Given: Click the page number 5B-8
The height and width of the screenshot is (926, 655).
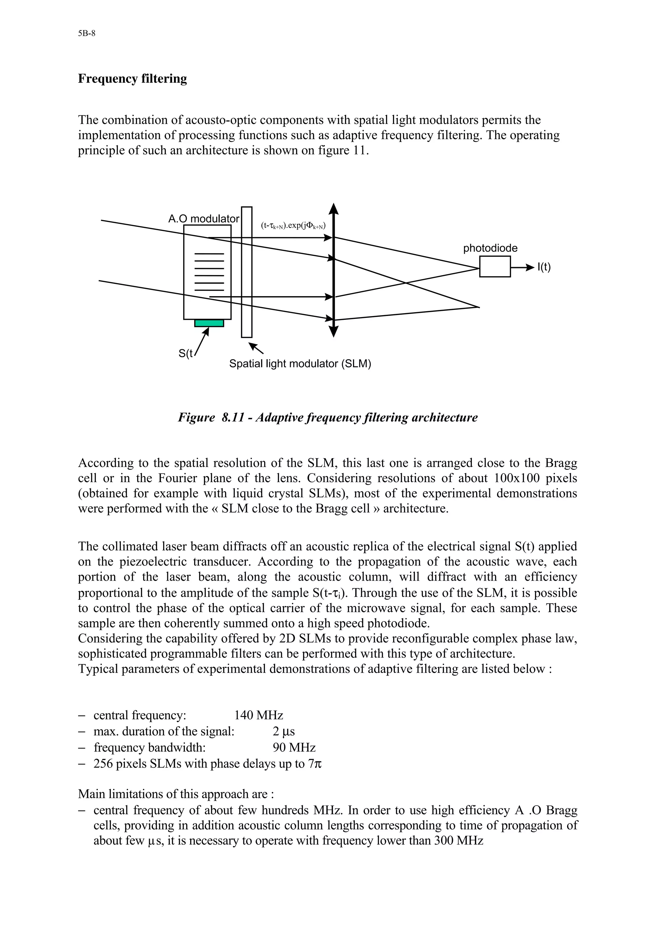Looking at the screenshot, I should (x=86, y=34).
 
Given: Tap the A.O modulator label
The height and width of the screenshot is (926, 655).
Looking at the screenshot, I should (x=203, y=219).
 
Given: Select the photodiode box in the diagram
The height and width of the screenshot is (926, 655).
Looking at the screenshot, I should (x=495, y=267).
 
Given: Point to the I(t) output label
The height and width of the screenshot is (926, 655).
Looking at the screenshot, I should (x=544, y=267).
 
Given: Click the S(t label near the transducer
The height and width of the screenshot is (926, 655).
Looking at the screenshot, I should (x=185, y=353).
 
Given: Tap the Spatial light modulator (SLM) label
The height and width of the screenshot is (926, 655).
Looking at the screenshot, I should (x=300, y=364).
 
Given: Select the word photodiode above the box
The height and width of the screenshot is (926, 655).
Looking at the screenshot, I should (x=490, y=248).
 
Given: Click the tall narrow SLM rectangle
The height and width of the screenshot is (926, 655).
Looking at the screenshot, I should (x=247, y=272).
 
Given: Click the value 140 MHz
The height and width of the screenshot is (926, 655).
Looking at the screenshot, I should (x=259, y=715).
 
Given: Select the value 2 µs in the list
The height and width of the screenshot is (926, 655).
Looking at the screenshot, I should (x=284, y=732).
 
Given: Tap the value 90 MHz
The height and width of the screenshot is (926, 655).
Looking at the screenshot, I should (x=294, y=748).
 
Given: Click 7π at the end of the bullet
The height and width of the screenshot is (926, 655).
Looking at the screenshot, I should (x=314, y=764).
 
